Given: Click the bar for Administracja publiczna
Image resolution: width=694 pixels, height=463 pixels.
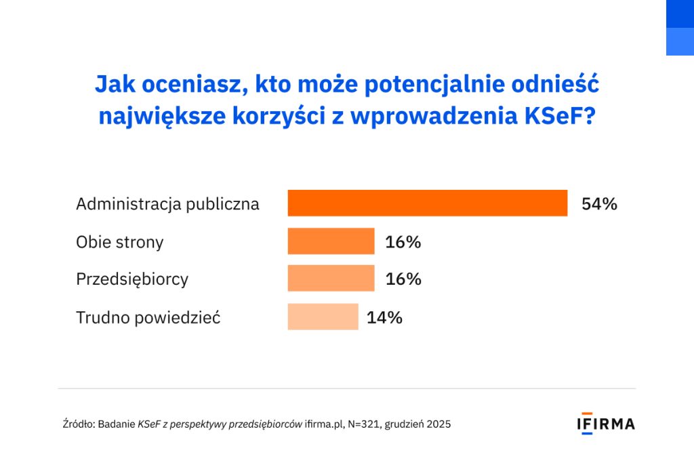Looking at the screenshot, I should coord(427,203).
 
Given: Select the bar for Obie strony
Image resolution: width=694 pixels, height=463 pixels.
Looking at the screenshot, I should coord(331,241).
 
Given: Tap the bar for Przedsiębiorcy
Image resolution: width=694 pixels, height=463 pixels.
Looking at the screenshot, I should coord(331,279).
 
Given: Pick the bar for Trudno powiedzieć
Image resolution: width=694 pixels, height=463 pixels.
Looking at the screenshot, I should coord(323,317).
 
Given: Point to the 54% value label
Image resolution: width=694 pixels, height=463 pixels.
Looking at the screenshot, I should coord(599,204).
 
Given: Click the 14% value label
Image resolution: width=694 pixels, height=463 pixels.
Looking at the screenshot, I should coord(384,317).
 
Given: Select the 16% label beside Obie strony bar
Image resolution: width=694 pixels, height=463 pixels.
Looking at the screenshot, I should coord(403,242).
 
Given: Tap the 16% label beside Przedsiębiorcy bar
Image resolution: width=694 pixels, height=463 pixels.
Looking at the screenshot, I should coord(403,279).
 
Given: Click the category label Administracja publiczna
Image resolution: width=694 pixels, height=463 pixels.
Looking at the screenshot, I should coord(167,204).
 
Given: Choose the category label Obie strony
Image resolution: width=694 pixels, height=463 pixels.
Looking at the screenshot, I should coord(119,242).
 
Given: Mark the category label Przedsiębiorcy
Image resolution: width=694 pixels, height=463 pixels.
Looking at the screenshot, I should coord(132,279).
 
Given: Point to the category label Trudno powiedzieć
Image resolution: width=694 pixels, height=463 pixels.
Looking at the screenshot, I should coord(148,317).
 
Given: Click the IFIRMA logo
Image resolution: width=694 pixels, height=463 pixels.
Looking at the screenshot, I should coord(606,424).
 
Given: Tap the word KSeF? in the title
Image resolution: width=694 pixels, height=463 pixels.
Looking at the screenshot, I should coord(560,115).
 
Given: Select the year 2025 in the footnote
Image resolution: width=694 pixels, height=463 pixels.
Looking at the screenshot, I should coord(438,424).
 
